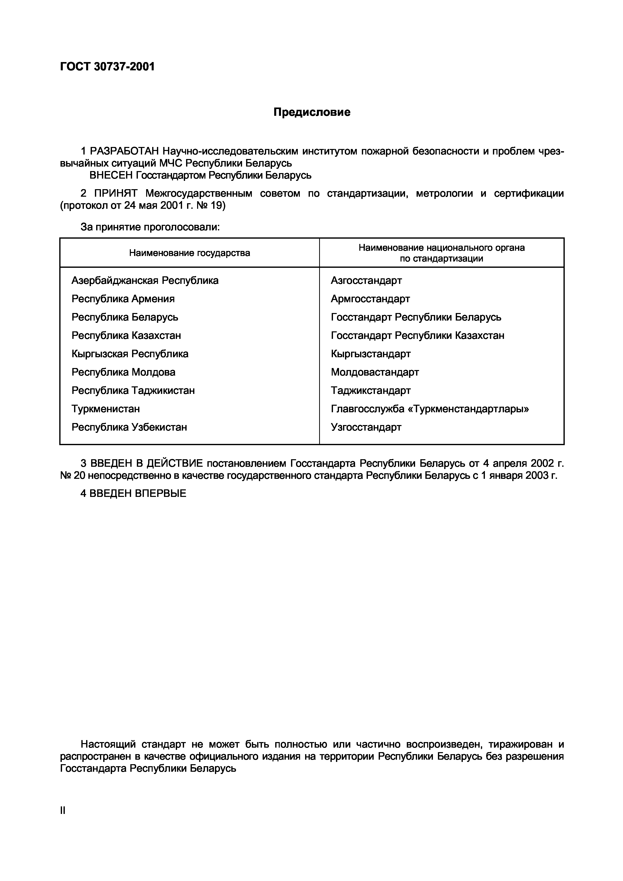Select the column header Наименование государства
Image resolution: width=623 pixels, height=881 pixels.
190,253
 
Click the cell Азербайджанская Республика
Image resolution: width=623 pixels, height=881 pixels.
145,281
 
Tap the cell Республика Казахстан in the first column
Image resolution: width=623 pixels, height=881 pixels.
126,335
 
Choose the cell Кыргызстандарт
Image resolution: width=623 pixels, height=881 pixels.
371,354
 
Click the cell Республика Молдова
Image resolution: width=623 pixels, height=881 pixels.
124,372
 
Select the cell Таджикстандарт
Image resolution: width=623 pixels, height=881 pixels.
371,391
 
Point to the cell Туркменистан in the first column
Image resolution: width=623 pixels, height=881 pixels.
105,409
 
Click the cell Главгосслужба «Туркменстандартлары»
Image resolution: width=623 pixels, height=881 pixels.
430,409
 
